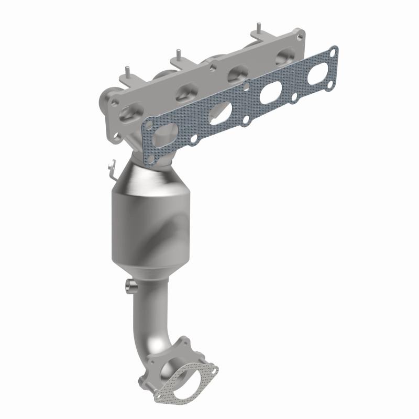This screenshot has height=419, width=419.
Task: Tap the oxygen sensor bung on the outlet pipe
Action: click(129, 286)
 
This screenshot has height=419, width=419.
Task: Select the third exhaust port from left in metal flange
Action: click(238, 72)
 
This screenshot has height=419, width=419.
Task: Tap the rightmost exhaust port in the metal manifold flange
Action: click(285, 55)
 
